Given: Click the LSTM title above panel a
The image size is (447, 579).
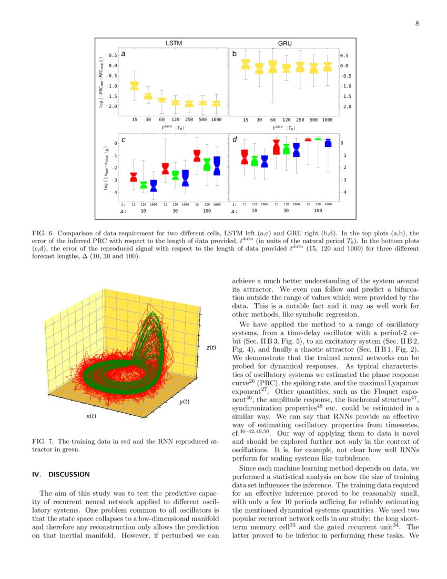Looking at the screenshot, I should [174, 43].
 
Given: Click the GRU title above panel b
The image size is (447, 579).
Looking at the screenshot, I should [285, 43].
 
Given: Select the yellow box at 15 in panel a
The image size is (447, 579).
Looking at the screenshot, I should [134, 85].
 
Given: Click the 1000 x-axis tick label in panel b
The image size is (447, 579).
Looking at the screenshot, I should [327, 119].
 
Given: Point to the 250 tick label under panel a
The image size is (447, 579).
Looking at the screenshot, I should [189, 119].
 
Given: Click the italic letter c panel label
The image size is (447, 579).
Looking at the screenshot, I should [123, 140].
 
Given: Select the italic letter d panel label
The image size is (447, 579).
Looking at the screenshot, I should [235, 140].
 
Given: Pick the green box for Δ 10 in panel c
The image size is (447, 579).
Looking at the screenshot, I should [144, 184].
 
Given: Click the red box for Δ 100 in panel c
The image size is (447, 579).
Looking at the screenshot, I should [197, 156].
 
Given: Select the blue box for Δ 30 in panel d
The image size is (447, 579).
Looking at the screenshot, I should [297, 150].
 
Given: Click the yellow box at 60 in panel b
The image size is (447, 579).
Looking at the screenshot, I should [272, 66].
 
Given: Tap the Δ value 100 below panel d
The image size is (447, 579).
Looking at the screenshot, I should [318, 211].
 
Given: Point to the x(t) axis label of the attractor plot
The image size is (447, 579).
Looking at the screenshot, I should [91, 416].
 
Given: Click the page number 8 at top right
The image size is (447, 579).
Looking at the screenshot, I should [416, 23].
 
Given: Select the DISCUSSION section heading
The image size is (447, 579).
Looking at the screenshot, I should [61, 474].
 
